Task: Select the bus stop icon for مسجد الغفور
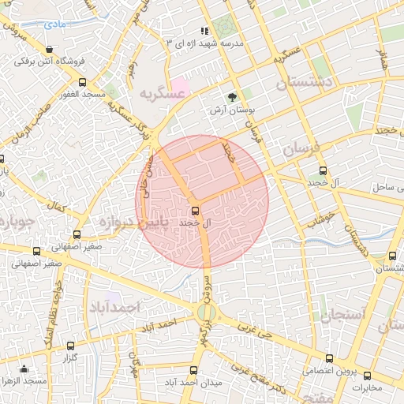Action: click(x=82, y=82)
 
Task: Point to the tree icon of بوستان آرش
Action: click(x=232, y=97)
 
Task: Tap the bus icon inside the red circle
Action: click(x=195, y=210)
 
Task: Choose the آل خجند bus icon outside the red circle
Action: click(x=322, y=170)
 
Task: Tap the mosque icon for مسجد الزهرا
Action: click(x=24, y=368)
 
